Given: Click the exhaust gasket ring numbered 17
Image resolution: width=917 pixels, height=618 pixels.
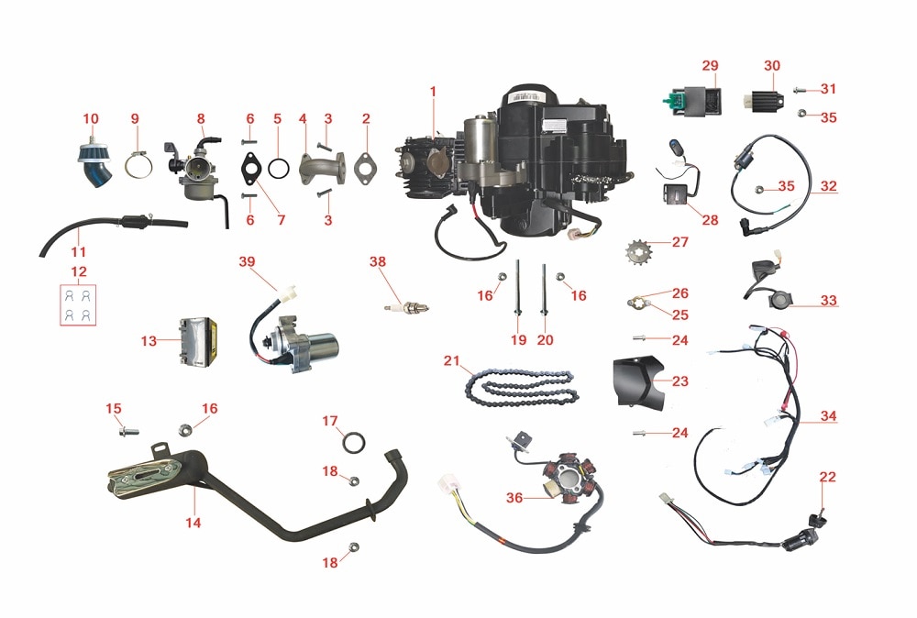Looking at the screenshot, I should (351, 444).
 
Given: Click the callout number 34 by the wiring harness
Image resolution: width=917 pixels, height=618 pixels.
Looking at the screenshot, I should (828, 416).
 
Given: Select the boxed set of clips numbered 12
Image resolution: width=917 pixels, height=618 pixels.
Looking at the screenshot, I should (78, 304).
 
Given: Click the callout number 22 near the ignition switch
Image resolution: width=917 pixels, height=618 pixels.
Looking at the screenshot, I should (827, 476).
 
